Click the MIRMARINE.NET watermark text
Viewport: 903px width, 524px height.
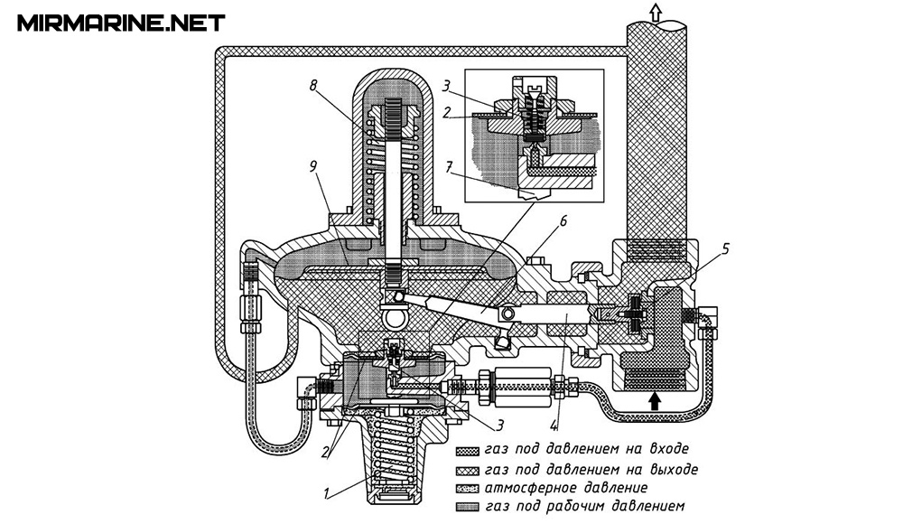click(121, 22)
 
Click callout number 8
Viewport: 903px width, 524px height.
click(313, 87)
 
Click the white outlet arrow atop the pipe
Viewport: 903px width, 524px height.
click(655, 11)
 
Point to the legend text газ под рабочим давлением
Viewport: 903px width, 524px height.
click(584, 507)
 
